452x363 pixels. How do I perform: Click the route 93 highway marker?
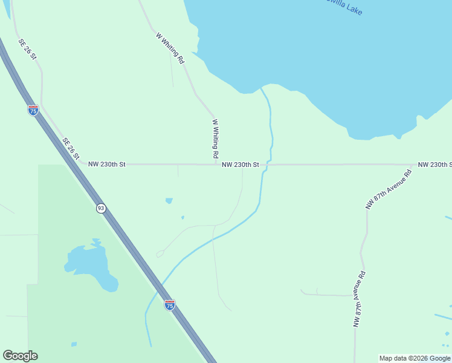(101, 208)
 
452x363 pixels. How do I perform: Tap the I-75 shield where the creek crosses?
(170, 305)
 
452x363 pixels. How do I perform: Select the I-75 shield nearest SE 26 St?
(33, 110)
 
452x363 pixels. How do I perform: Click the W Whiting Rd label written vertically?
(215, 139)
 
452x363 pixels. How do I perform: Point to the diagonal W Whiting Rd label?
(170, 48)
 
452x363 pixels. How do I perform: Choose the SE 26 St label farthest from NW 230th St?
(28, 49)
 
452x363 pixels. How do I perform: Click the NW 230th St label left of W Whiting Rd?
(107, 164)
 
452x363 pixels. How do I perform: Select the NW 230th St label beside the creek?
(241, 165)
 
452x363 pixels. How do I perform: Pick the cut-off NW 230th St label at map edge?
(434, 165)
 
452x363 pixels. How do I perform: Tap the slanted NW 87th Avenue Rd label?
(389, 189)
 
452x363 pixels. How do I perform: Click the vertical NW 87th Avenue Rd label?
(360, 299)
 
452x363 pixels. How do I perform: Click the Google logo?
(20, 356)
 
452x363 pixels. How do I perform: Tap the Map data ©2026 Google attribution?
(415, 358)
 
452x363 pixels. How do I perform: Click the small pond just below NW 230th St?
(169, 200)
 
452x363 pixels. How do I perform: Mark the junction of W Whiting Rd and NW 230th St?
(216, 164)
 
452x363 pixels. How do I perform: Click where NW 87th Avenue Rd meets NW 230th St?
(412, 165)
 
